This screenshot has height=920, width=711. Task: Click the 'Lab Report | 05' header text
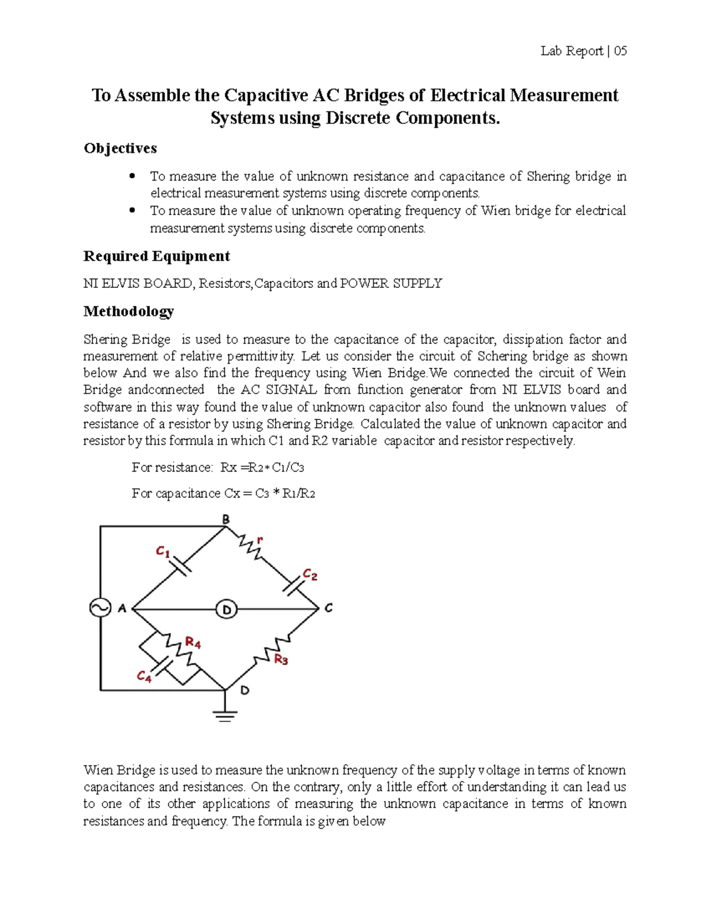click(x=583, y=51)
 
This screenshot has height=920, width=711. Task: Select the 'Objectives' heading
click(x=120, y=148)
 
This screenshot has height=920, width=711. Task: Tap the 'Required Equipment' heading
click(x=156, y=256)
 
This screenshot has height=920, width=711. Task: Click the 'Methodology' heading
click(x=129, y=311)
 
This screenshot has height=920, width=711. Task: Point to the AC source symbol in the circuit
click(x=100, y=608)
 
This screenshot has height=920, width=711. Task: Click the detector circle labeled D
click(x=226, y=609)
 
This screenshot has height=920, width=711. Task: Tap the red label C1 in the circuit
click(x=163, y=552)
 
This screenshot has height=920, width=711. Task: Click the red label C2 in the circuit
click(x=310, y=574)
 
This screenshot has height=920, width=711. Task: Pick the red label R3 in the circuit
click(x=281, y=659)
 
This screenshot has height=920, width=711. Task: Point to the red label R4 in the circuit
click(x=193, y=642)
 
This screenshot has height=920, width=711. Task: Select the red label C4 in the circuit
click(x=144, y=676)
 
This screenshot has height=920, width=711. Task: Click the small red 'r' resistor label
click(x=260, y=540)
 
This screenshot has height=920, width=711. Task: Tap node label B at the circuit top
click(x=226, y=519)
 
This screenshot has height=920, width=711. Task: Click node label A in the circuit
click(x=122, y=608)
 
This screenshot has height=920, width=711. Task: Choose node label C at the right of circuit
click(x=328, y=608)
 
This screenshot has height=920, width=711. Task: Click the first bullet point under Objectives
click(x=133, y=177)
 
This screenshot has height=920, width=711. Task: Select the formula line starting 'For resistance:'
click(x=217, y=467)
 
